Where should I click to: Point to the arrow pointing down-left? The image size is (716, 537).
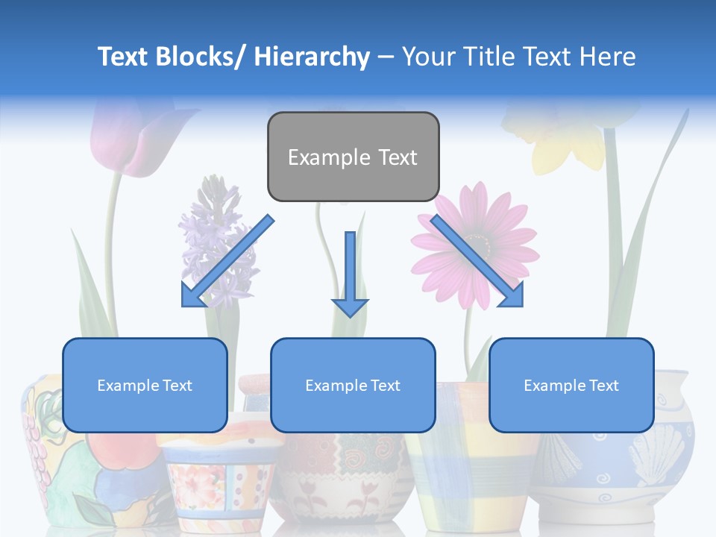pyautogui.click(x=224, y=263)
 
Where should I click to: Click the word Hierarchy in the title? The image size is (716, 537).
pyautogui.click(x=312, y=57)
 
